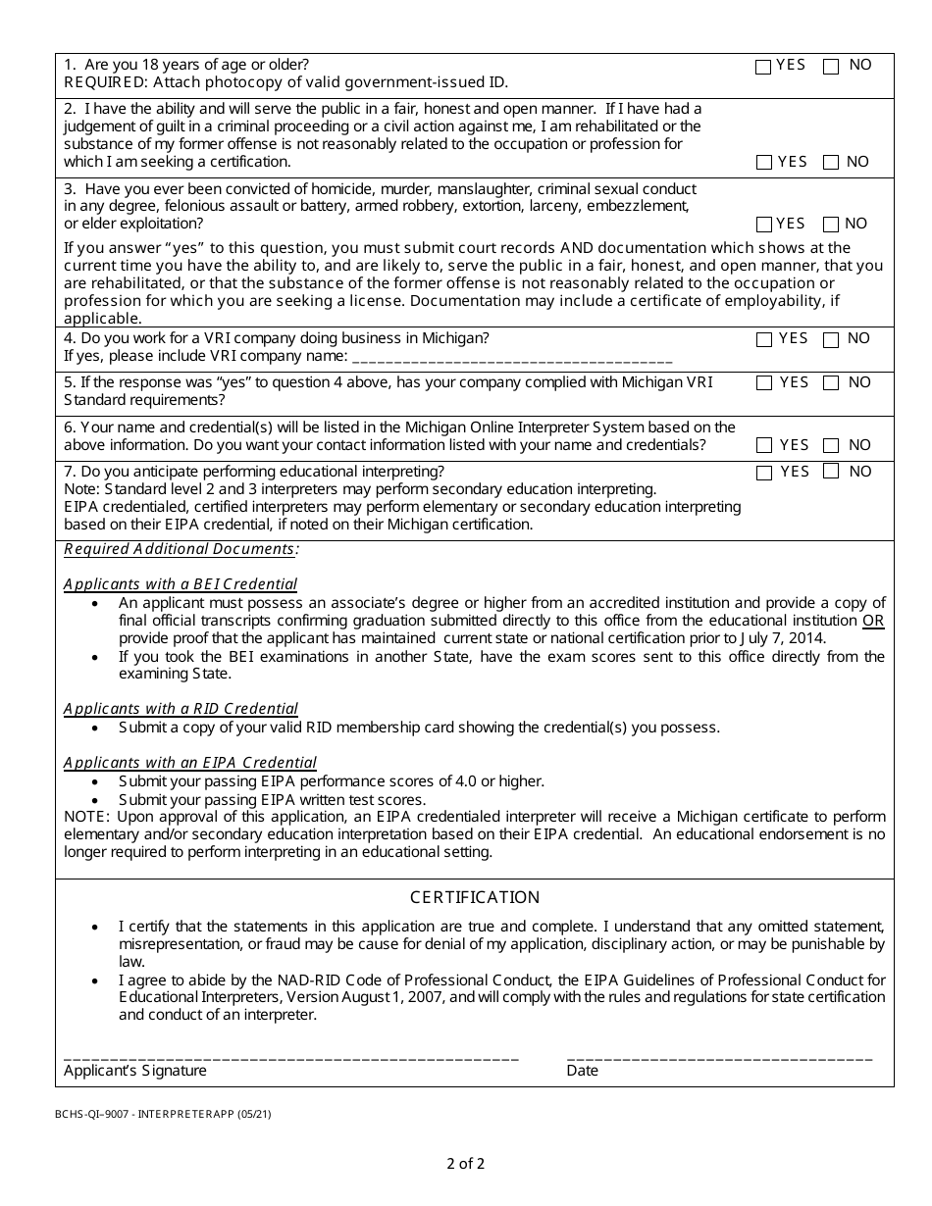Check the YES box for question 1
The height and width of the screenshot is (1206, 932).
click(x=763, y=67)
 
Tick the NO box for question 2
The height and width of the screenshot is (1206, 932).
click(x=831, y=163)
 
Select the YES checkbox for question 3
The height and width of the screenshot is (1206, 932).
click(x=764, y=225)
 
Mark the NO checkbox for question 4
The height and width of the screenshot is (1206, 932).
click(x=831, y=340)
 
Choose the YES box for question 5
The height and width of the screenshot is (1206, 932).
click(x=764, y=383)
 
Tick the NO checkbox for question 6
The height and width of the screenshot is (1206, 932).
click(x=831, y=446)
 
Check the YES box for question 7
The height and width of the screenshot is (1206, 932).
click(x=764, y=473)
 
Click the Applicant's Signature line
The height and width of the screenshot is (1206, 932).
click(x=291, y=1057)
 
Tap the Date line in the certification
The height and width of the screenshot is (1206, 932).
click(x=719, y=1057)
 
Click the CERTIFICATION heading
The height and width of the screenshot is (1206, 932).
click(x=475, y=897)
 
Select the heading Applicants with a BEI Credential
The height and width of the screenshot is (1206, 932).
click(x=181, y=584)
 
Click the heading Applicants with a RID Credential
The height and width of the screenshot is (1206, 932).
click(x=181, y=709)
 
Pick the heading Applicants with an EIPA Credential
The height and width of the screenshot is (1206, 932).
click(x=190, y=763)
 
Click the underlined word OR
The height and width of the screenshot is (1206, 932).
click(x=873, y=621)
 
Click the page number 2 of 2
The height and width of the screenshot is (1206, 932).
click(x=465, y=1165)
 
